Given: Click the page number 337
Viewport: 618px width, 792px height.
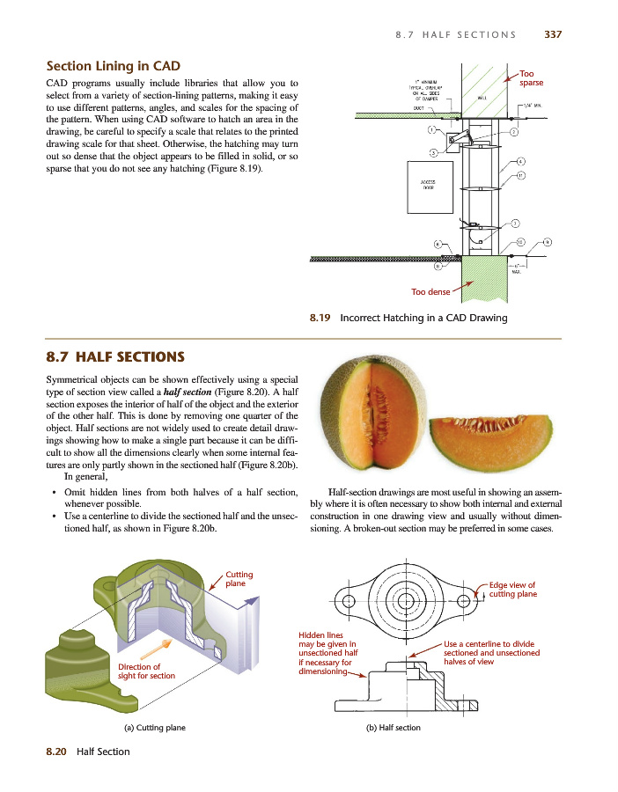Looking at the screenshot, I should [x=553, y=35].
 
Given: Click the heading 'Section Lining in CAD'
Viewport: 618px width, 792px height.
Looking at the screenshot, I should [x=113, y=66].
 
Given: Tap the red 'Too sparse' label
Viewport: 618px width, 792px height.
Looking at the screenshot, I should [x=531, y=78].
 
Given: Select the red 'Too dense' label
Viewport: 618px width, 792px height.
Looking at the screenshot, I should [x=430, y=292].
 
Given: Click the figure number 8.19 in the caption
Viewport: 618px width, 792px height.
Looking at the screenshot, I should [x=320, y=318].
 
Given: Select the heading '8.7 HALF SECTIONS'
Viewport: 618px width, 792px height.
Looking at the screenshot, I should [x=114, y=357].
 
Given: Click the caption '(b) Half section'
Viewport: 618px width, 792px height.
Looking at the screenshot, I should [x=393, y=728].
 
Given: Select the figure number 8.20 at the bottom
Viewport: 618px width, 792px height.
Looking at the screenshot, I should [x=57, y=752].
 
